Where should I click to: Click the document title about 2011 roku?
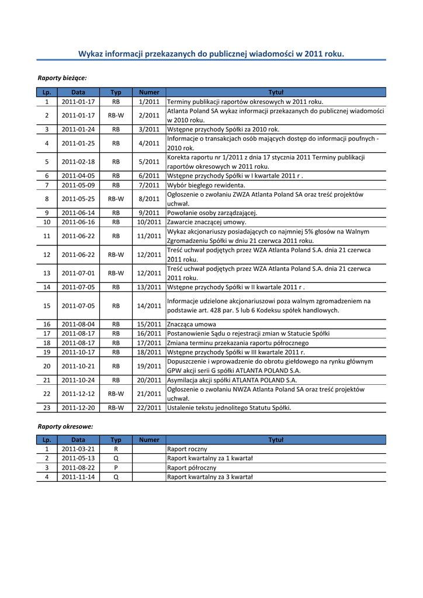(211, 54)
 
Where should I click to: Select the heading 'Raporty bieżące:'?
(63, 77)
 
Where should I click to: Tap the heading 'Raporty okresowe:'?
(65, 426)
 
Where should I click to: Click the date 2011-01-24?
(78, 129)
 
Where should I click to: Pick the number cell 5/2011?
(149, 161)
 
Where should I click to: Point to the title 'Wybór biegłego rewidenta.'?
(198, 185)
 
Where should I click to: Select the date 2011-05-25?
(78, 199)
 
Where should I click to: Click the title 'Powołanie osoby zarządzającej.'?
(212, 213)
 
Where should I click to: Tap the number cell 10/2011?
(149, 222)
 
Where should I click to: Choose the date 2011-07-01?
(78, 273)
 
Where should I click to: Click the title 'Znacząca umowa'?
(192, 324)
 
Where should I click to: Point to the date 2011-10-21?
(78, 366)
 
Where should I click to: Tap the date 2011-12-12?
(78, 394)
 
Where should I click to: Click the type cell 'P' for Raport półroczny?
(116, 468)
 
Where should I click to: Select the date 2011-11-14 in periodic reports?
(78, 477)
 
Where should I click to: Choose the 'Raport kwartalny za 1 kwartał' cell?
(210, 458)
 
